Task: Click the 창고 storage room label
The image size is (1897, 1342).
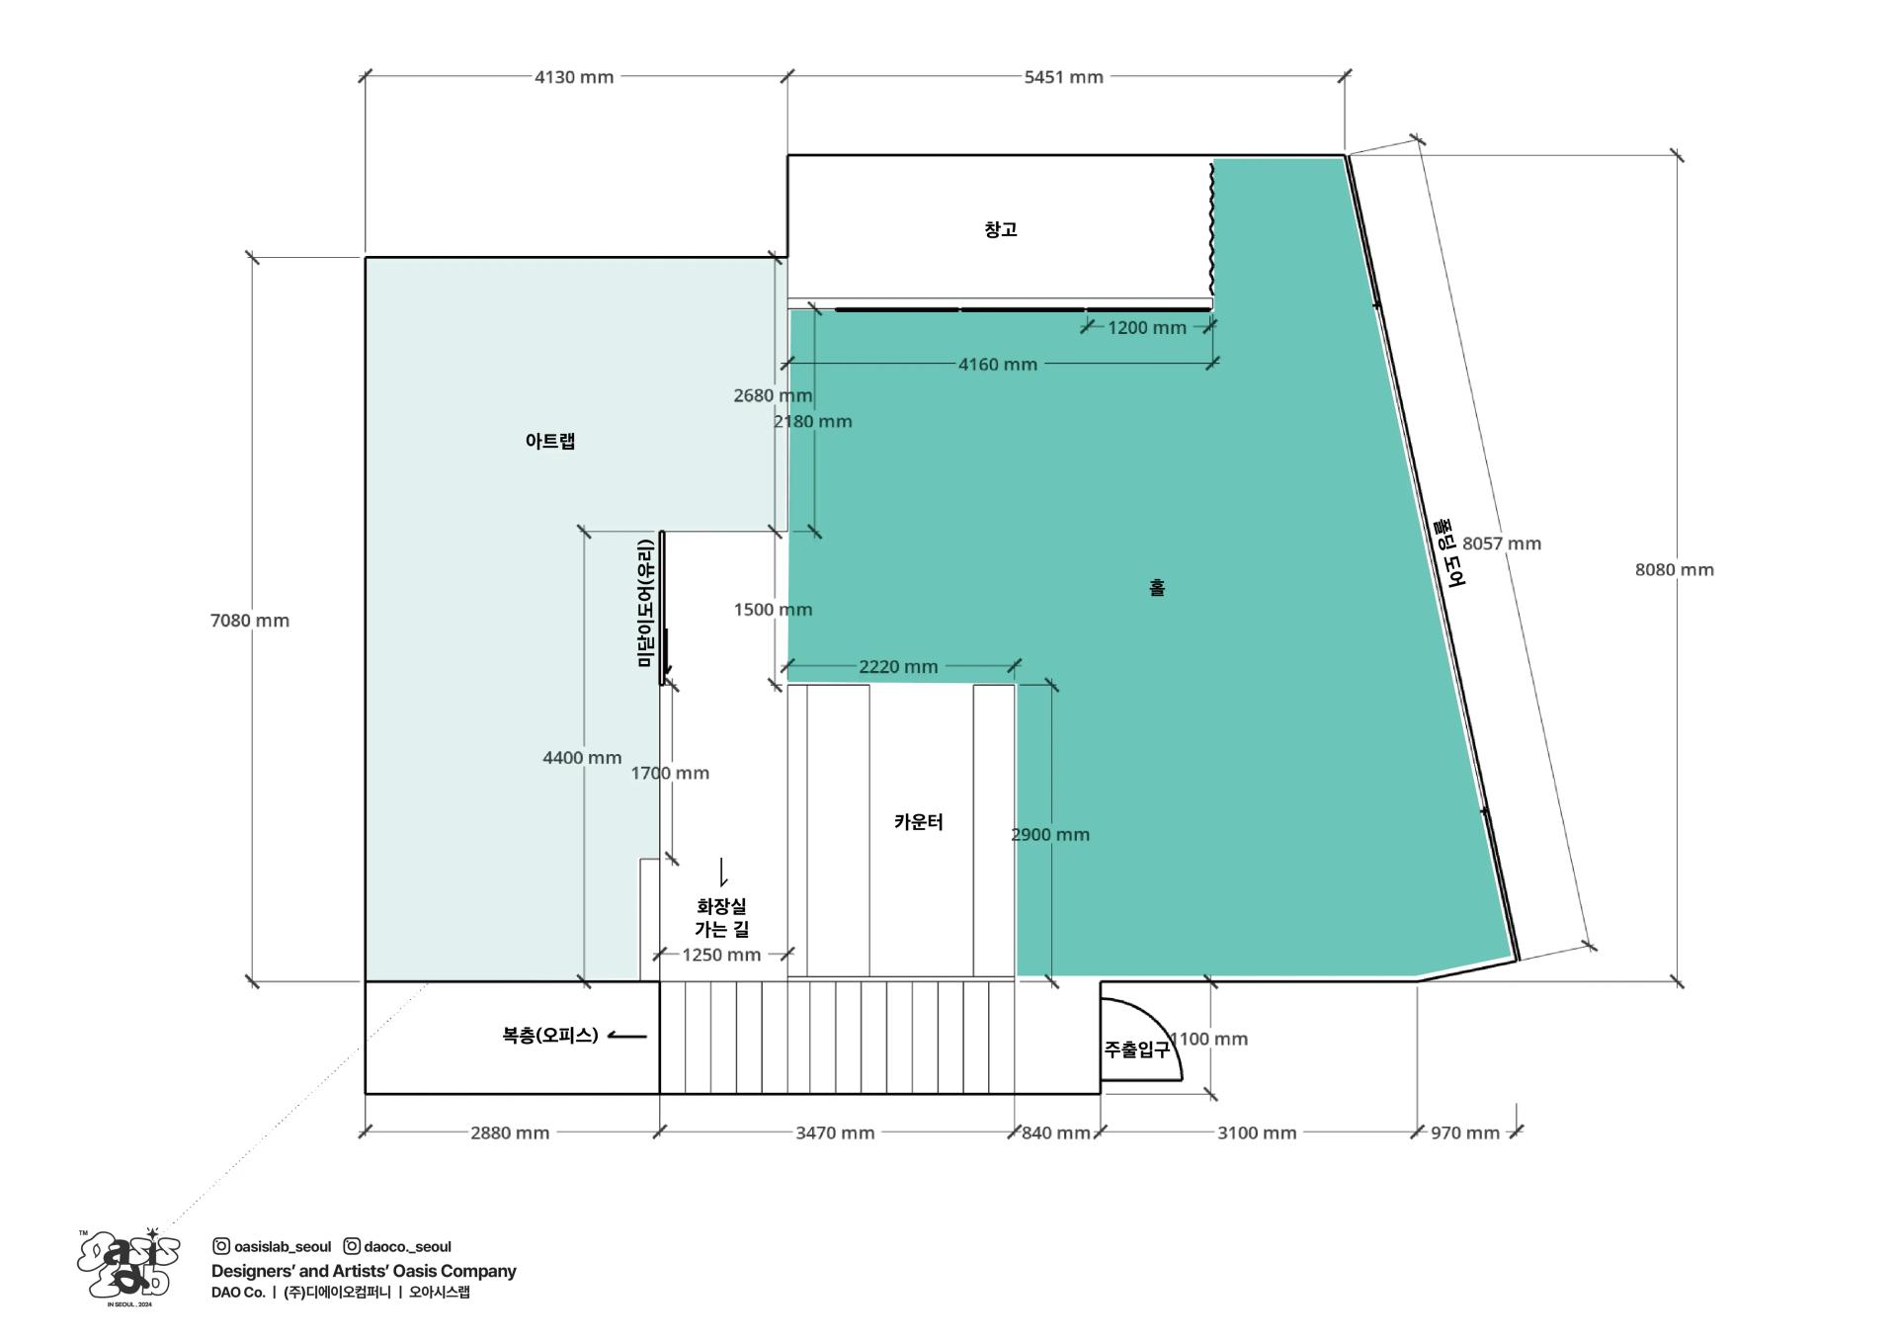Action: pyautogui.click(x=1000, y=229)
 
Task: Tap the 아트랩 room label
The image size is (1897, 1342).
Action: pyautogui.click(x=550, y=441)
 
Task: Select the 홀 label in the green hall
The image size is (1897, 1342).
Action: pyautogui.click(x=1157, y=588)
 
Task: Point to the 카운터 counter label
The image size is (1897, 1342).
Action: pyautogui.click(x=919, y=822)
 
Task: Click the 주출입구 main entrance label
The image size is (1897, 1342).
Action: pyautogui.click(x=1137, y=1049)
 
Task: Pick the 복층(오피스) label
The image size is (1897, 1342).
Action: pyautogui.click(x=550, y=1036)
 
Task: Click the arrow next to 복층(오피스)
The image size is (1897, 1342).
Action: pyautogui.click(x=626, y=1036)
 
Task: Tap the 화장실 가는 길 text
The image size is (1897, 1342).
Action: pyautogui.click(x=722, y=917)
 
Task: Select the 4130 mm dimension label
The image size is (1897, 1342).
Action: pyautogui.click(x=574, y=77)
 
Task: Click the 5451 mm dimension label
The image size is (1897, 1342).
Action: pyautogui.click(x=1063, y=77)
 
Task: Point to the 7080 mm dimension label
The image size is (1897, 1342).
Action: pyautogui.click(x=250, y=621)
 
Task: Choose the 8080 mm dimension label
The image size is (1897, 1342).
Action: pyautogui.click(x=1675, y=569)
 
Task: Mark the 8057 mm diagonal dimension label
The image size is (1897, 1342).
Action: pyautogui.click(x=1502, y=544)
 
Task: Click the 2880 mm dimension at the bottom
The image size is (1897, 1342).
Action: pyautogui.click(x=510, y=1132)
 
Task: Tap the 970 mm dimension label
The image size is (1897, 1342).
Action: pyautogui.click(x=1465, y=1132)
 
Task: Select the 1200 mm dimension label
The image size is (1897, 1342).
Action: pyautogui.click(x=1147, y=328)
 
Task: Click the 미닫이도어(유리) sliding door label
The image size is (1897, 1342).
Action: pyautogui.click(x=645, y=603)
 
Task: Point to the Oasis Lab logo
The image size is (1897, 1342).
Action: pyautogui.click(x=128, y=1267)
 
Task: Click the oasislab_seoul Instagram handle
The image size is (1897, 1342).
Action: pyautogui.click(x=273, y=1247)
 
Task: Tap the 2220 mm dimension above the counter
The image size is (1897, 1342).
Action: pyautogui.click(x=898, y=667)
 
